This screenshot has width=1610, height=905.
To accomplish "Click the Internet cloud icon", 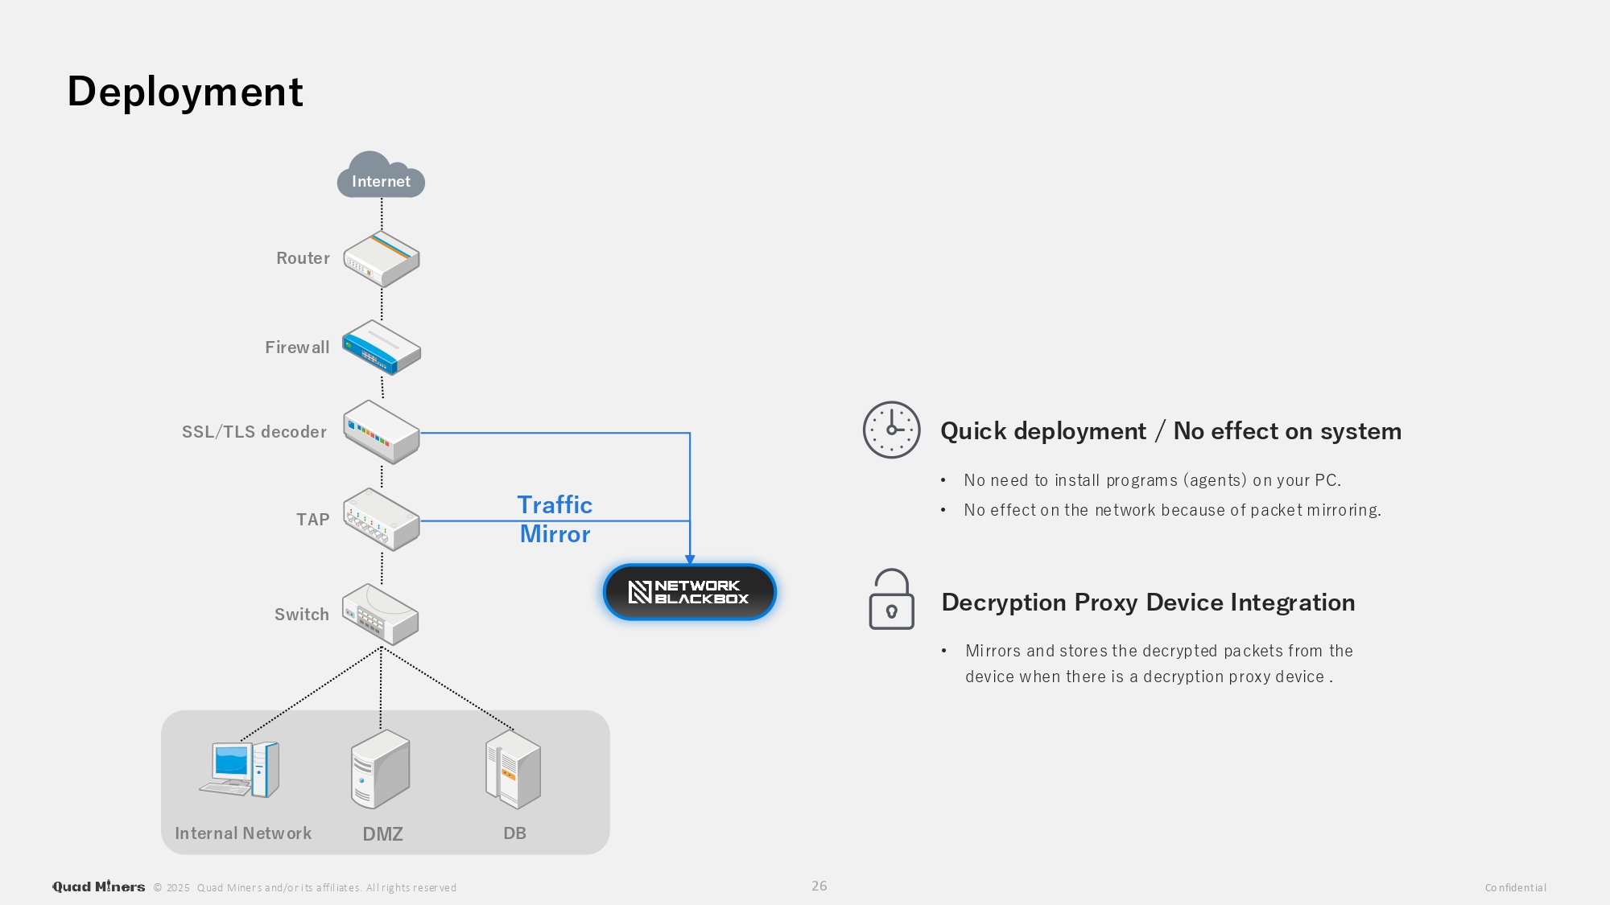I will point(381,175).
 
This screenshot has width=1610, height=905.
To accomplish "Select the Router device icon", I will point(382,259).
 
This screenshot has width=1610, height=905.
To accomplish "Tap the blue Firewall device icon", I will point(382,348).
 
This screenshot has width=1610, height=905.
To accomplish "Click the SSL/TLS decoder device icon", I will point(382,432).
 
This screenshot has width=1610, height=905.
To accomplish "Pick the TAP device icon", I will point(382,520).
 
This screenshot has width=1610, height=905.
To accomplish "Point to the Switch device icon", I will point(381,615).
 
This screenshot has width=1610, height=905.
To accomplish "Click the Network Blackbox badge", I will point(690,592).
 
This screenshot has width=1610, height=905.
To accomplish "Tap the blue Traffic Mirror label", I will point(555,519).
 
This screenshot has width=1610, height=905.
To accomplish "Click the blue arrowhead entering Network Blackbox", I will point(690,559).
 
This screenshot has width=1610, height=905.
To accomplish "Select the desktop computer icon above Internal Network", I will point(240,769).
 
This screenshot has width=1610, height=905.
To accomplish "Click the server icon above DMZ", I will point(380,769).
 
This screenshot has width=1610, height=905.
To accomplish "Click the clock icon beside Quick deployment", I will point(891,430).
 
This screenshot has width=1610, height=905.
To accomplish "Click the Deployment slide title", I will point(185,92).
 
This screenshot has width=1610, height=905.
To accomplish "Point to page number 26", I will point(819,886).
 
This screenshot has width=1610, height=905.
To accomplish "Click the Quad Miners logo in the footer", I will point(99,886).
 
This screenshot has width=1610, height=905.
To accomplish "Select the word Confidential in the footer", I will point(1515,888).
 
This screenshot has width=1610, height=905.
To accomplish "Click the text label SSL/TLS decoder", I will point(254,432).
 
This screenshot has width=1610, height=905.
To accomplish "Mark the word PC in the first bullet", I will point(1326,480).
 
